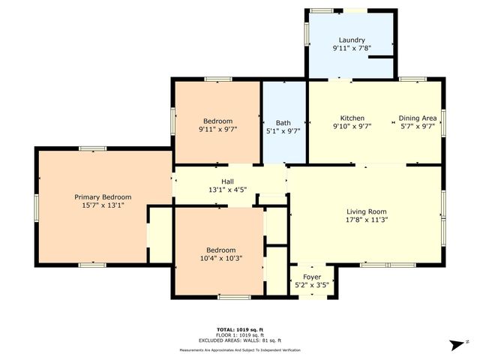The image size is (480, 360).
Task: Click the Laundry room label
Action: [x=352, y=40]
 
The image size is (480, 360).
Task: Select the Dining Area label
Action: [x=418, y=118]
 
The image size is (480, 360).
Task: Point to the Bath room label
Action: [x=283, y=123]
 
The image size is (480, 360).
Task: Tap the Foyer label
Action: [x=312, y=276]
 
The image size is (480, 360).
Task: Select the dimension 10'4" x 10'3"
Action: [x=221, y=259]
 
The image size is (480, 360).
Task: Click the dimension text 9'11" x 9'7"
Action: [x=218, y=130]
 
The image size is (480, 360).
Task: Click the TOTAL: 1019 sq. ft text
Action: [x=240, y=329]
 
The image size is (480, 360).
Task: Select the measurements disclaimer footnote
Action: [x=240, y=350]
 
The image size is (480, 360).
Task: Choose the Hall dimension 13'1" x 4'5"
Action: [x=227, y=190]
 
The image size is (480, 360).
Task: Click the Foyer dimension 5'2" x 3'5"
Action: [x=312, y=285]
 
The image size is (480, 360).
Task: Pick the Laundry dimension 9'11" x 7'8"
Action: [x=352, y=49]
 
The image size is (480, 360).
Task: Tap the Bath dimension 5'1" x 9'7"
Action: [x=283, y=132]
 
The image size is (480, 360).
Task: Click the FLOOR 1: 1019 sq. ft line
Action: [x=240, y=334]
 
